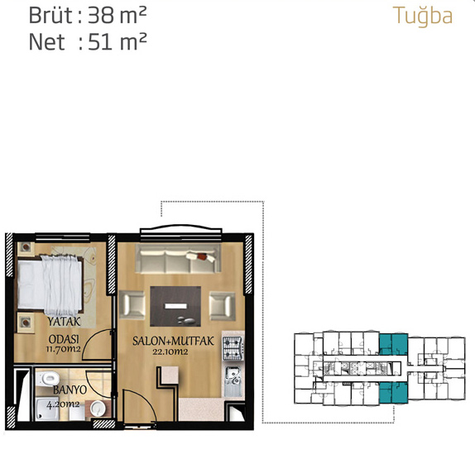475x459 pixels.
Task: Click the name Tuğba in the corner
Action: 423,17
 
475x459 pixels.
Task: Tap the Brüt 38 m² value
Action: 88,16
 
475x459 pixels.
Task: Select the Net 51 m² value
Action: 88,41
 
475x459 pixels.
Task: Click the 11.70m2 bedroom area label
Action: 64,349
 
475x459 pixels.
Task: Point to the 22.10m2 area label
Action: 170,351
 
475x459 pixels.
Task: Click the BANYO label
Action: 70,390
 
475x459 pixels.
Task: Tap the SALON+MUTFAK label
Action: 173,342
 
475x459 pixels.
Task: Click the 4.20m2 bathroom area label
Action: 63,404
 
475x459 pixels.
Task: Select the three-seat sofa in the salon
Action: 178,258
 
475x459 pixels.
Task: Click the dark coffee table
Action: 175,306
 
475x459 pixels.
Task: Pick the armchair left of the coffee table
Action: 132,305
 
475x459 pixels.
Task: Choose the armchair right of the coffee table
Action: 223,306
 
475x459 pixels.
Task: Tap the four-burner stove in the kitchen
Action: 233,347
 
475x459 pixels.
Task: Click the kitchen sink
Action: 233,381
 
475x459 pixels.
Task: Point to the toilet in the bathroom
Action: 47,379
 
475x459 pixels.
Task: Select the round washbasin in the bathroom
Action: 98,408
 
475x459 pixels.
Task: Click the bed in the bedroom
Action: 50,284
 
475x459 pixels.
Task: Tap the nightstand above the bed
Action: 26,248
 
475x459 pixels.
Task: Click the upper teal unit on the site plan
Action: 393,344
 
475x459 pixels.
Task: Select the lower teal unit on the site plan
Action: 393,392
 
